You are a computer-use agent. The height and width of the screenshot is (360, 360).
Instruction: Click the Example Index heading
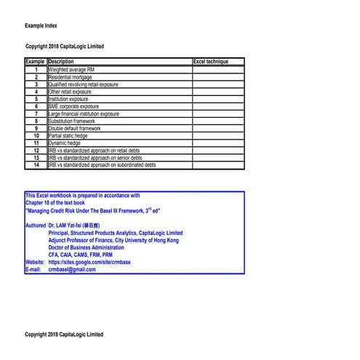click(41, 25)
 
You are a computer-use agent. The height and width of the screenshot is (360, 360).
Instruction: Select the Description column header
click(61, 62)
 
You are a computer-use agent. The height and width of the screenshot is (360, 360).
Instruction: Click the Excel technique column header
click(211, 62)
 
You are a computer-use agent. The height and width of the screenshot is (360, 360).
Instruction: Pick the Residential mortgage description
click(70, 76)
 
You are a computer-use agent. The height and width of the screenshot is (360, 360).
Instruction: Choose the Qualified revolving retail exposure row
click(83, 84)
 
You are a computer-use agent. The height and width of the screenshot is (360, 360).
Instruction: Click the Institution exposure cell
click(68, 99)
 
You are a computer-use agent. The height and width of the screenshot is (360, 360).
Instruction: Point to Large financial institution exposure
click(84, 113)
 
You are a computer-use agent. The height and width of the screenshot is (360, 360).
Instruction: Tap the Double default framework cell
click(74, 128)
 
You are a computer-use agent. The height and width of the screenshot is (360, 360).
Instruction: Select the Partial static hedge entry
click(69, 136)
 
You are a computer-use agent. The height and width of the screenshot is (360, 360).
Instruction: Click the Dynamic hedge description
click(65, 143)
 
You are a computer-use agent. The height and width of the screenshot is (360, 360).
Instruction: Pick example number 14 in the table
click(36, 165)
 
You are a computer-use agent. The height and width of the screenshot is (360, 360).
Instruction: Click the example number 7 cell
click(36, 113)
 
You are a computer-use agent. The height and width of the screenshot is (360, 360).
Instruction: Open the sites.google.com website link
click(89, 262)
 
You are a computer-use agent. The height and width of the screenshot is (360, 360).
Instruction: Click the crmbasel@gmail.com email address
click(72, 269)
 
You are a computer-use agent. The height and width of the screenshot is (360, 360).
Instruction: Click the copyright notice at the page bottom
click(64, 335)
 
